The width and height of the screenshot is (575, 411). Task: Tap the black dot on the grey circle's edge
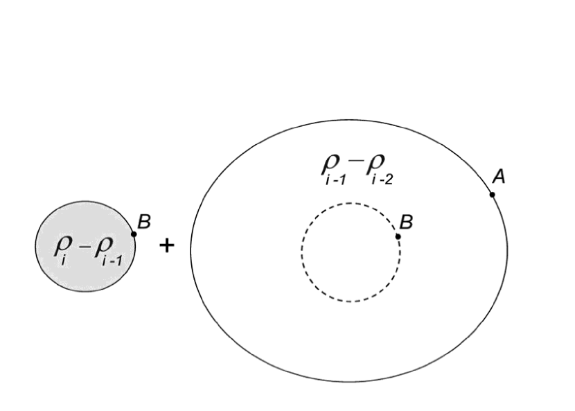[x=134, y=234]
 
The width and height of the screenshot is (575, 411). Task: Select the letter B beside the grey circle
[x=144, y=222]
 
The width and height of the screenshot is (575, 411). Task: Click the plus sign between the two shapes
[x=166, y=245]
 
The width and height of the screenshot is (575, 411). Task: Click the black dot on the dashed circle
[x=398, y=236]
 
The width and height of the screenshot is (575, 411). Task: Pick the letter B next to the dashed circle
[x=407, y=222]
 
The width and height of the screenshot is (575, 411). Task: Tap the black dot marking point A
[x=493, y=195]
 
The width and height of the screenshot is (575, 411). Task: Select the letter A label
[x=499, y=177]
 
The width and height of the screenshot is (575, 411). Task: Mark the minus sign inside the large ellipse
[x=355, y=161]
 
